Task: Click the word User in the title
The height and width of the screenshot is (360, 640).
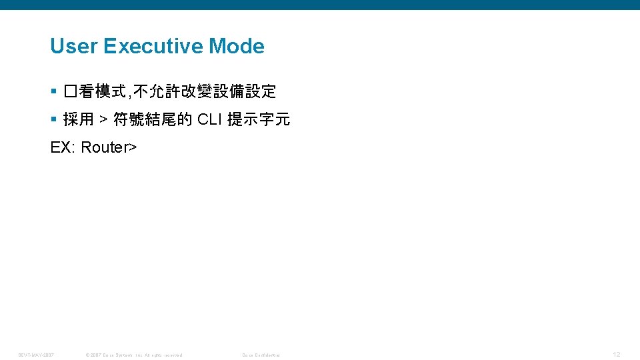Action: click(x=74, y=47)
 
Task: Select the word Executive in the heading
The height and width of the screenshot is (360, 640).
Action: click(x=153, y=47)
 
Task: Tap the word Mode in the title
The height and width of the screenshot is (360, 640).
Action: click(x=237, y=47)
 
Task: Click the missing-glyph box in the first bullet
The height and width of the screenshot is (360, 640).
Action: click(x=71, y=91)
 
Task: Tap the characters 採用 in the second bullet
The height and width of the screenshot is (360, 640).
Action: click(x=79, y=120)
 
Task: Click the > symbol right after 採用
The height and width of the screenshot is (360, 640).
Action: click(x=103, y=120)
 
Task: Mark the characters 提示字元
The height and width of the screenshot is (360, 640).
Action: click(x=259, y=120)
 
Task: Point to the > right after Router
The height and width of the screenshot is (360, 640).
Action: click(x=133, y=147)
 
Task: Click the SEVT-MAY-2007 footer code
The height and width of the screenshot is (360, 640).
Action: click(x=36, y=355)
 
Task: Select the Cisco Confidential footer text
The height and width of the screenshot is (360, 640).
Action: click(x=261, y=355)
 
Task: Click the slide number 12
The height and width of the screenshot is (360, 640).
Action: click(x=616, y=354)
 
